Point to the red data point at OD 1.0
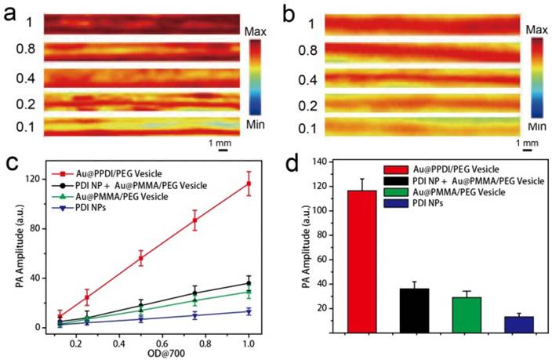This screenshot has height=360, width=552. (249, 184)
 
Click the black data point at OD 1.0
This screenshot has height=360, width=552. (249, 283)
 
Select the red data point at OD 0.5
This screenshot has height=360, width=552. (141, 258)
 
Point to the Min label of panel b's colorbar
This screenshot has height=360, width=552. (536, 125)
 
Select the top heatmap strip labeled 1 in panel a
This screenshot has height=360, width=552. (142, 24)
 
